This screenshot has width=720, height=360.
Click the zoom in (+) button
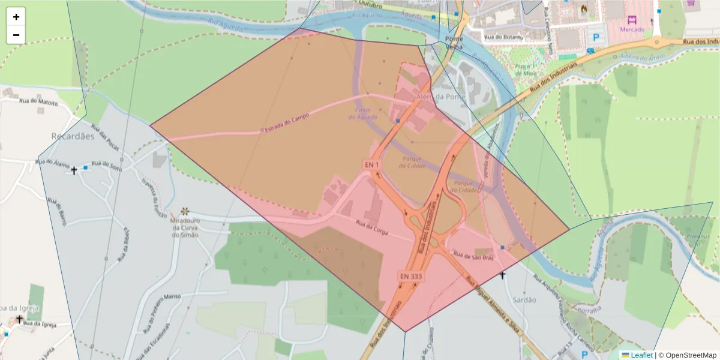(16, 17)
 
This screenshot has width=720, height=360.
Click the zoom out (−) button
(16, 35)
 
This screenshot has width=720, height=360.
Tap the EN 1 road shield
(372, 164)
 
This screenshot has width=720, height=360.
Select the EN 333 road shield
(411, 276)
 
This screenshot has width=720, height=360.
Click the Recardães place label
(73, 136)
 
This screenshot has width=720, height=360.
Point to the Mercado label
(632, 29)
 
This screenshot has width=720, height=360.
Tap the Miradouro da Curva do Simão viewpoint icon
(185, 211)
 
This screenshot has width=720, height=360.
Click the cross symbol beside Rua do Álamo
(74, 170)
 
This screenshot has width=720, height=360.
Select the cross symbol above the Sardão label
(503, 275)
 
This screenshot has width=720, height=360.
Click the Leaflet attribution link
(641, 355)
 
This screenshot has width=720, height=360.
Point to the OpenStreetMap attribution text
(686, 355)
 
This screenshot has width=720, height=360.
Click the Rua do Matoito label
(38, 103)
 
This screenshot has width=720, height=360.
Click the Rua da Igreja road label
(40, 324)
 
